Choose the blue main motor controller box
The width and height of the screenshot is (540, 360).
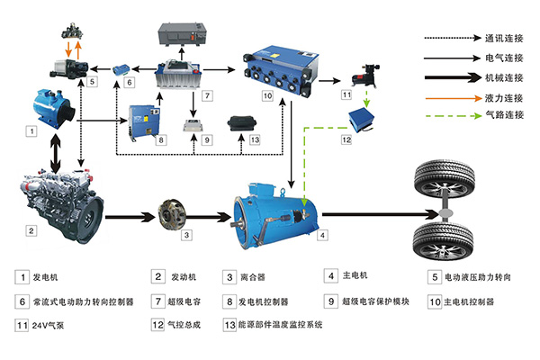click(x=280, y=63)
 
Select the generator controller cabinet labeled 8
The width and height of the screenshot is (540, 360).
click(x=148, y=121)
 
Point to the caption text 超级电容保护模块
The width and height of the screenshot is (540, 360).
click(x=379, y=301)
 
